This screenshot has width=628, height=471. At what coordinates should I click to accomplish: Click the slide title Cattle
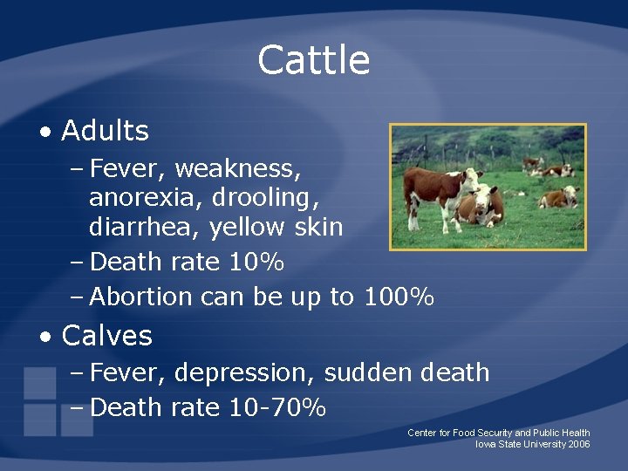(x=314, y=60)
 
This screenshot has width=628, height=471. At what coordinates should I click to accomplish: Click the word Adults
(x=106, y=131)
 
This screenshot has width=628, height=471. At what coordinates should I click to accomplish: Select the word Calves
(x=107, y=336)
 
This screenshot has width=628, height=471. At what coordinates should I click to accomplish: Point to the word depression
(x=244, y=373)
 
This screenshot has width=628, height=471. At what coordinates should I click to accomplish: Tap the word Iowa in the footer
(x=485, y=445)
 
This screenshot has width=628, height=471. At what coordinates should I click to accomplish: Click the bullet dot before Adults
(x=44, y=133)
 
